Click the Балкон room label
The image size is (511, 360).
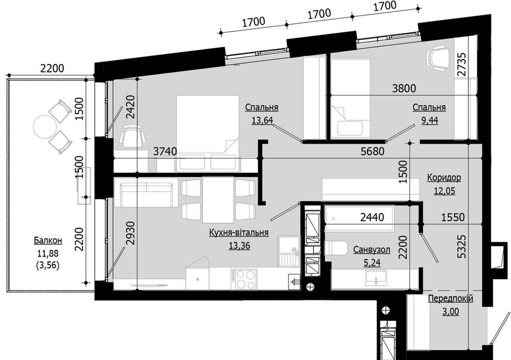[48, 241]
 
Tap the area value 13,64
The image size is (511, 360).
[262, 121]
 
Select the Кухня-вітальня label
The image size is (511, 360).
[239, 232]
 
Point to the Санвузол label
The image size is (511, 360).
[372, 250]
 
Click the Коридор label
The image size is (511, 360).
[444, 178]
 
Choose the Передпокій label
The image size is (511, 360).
[450, 299]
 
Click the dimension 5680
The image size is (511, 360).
[373, 151]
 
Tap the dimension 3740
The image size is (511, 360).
[165, 151]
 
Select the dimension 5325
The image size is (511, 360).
[462, 247]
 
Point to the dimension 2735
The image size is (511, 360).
[462, 64]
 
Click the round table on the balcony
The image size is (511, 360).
[45, 127]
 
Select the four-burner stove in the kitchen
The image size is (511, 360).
[244, 279]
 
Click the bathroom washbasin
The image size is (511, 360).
[376, 278]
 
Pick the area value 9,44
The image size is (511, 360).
[430, 121]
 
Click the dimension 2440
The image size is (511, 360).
[372, 217]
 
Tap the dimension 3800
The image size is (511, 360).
[404, 88]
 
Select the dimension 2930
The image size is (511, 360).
[130, 233]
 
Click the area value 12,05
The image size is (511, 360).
[444, 190]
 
